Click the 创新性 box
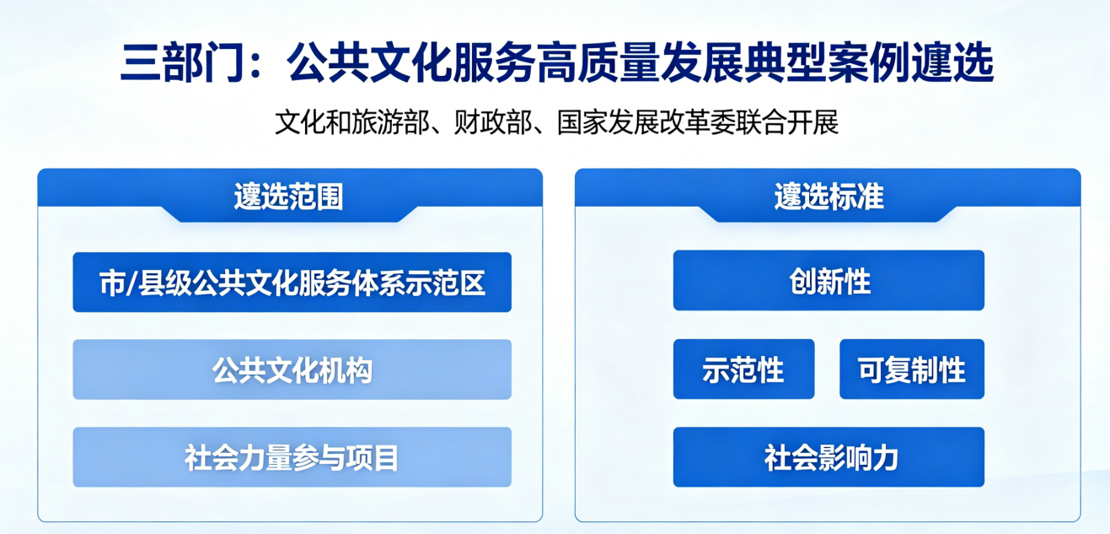click(828, 281)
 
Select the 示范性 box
click(743, 369)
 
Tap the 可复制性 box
click(911, 369)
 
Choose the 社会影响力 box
click(828, 457)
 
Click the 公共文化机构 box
click(292, 369)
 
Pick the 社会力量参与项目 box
click(292, 457)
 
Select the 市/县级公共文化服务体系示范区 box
click(292, 283)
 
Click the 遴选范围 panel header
click(289, 196)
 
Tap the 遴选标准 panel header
click(828, 196)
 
